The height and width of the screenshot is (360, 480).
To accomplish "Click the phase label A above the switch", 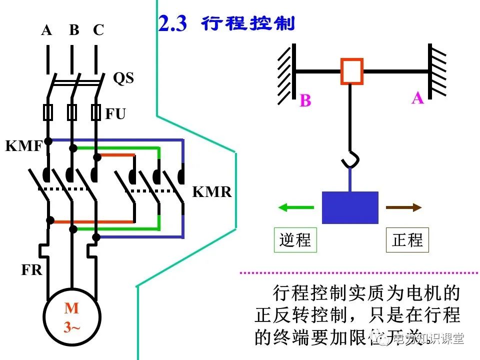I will coord(46,30).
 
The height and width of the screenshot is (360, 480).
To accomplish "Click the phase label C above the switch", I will coord(98,30).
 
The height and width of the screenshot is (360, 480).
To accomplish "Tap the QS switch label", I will coord(123,78).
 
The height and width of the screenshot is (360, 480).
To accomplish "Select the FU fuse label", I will coord(115,114).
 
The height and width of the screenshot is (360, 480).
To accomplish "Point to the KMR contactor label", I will coord(212,192).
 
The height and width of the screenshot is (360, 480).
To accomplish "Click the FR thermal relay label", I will coord(31,270).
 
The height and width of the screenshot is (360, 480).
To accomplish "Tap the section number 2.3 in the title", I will coord(172,24).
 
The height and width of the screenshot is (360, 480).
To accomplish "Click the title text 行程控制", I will coord(248,23).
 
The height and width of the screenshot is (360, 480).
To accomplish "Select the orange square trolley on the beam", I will coord(352,71).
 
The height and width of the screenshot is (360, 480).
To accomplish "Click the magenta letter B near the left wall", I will coord(305,101).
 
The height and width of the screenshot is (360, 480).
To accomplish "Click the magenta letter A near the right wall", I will coord(417,98).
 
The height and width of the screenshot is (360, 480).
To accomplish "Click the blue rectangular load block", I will coord(350,207).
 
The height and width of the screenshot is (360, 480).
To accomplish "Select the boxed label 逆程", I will coord(295,240).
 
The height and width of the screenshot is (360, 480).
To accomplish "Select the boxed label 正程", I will coord(407,240).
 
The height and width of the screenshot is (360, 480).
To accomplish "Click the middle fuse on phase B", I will coord(72,112).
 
